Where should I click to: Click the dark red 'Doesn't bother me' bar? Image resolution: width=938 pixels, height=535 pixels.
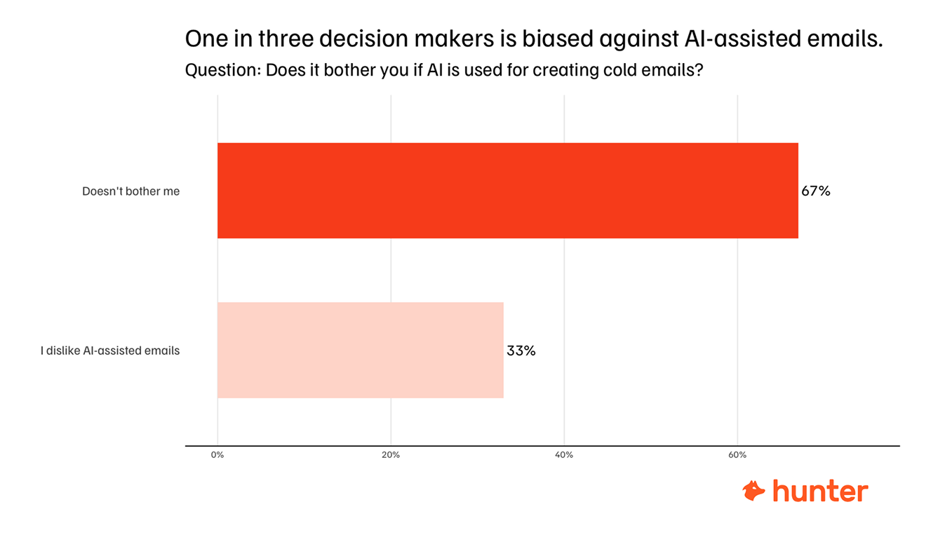507,191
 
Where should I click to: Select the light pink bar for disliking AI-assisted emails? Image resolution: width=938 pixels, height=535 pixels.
360,350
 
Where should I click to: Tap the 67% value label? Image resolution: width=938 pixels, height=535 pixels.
816,191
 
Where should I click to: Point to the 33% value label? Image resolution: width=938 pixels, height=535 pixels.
521,351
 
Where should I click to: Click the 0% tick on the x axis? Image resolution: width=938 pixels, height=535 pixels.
217,455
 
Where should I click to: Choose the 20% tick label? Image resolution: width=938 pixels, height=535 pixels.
391,455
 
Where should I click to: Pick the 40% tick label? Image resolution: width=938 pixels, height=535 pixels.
564,455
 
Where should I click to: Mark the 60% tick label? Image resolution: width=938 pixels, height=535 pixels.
737,455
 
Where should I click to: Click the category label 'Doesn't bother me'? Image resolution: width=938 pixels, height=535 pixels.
131,191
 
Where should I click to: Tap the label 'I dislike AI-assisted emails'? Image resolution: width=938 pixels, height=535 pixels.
110,351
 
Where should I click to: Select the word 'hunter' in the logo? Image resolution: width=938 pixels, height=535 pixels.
820,491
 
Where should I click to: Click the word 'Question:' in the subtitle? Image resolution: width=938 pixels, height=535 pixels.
222,71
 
